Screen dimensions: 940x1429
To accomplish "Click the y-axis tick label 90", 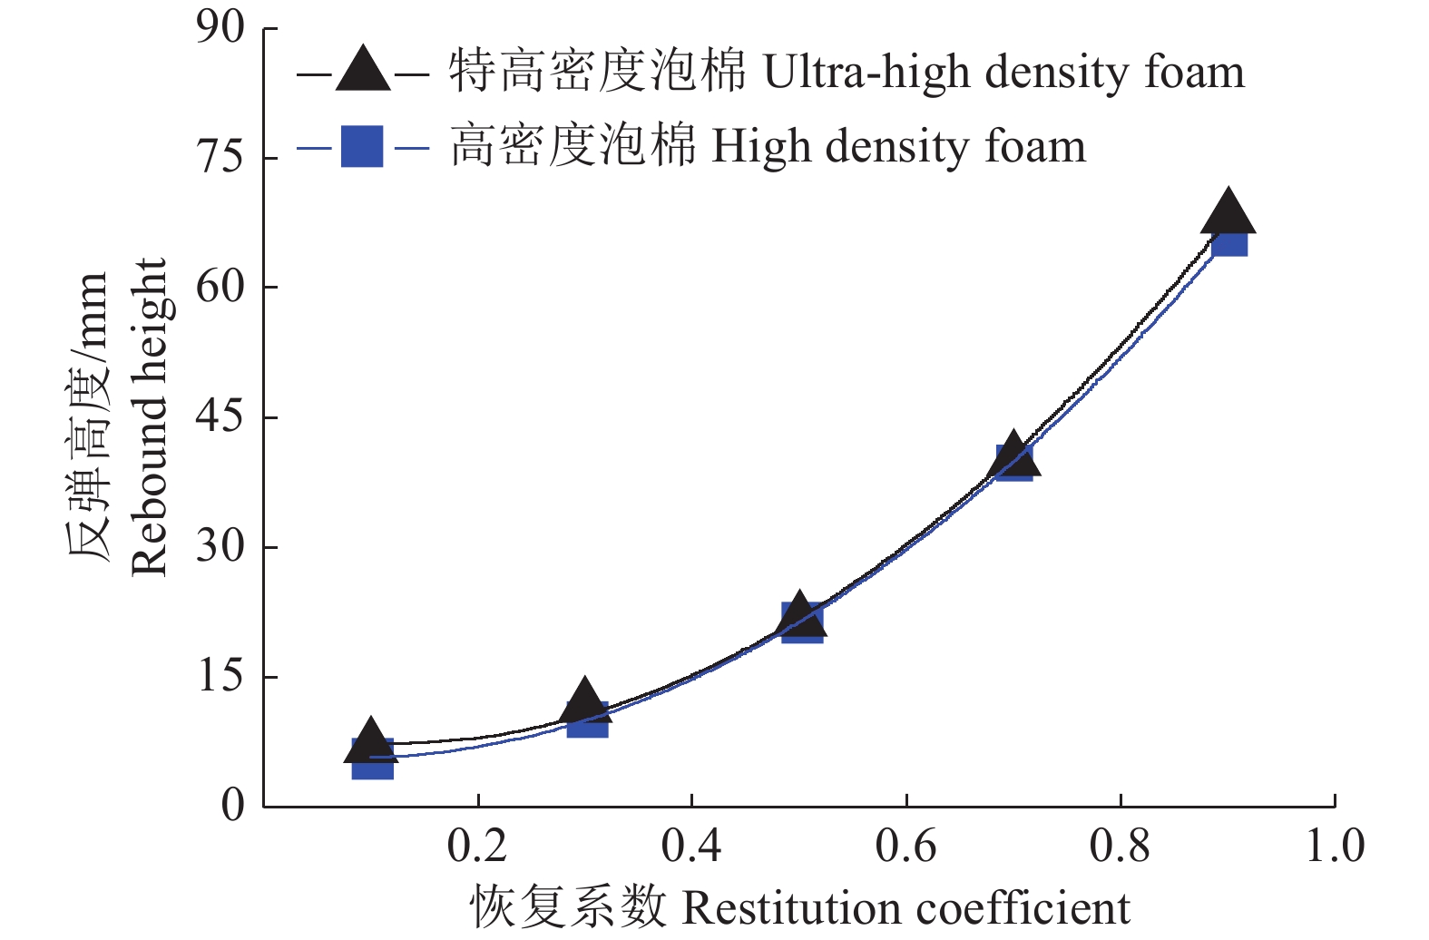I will [220, 29].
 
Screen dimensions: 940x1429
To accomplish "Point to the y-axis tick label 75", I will [220, 158].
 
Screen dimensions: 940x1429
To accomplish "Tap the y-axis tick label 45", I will [220, 416].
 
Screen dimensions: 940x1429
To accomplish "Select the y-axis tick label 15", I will [220, 676].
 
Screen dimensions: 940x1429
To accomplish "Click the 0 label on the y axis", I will [233, 805].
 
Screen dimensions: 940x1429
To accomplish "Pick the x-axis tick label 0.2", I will [477, 846].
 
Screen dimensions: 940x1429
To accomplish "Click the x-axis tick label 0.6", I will [905, 846].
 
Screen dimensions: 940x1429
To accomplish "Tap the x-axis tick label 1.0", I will [1334, 846].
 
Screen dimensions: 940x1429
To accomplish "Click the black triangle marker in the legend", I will [363, 71].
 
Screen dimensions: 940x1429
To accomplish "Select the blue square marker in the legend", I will [362, 147].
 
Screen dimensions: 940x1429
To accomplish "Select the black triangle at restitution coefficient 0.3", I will [585, 700].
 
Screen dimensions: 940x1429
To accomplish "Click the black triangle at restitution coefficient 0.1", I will [369, 742].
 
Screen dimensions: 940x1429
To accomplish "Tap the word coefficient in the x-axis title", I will [1023, 908].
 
